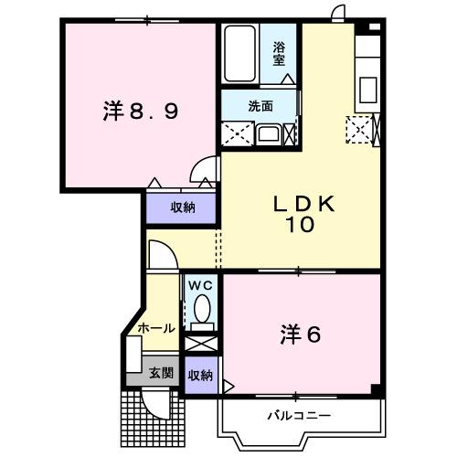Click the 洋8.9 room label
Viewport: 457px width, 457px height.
(x=140, y=112)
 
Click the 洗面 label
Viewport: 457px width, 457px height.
(x=260, y=105)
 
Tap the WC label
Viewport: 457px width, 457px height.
(x=200, y=284)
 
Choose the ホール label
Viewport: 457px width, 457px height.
(x=156, y=327)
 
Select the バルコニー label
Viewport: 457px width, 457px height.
(x=299, y=416)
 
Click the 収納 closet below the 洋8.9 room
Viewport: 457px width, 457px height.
(x=183, y=207)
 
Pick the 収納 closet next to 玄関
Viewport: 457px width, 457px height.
(x=200, y=376)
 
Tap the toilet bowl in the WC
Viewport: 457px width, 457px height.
(x=200, y=313)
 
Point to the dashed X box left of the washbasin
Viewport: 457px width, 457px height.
(x=236, y=133)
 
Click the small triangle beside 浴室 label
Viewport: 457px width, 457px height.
(x=289, y=80)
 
